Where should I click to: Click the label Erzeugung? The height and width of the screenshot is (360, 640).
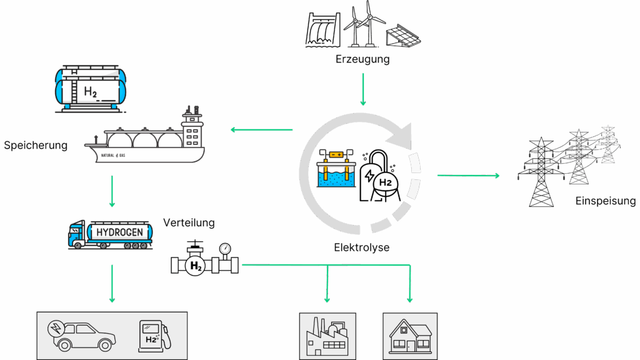click(362, 60)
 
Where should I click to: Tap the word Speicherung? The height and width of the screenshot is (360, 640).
click(35, 146)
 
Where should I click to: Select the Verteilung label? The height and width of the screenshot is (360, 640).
click(189, 222)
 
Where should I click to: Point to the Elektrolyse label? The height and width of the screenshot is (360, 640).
click(361, 247)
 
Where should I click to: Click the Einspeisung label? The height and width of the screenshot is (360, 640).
click(606, 201)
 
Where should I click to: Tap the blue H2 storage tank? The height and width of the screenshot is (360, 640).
click(91, 87)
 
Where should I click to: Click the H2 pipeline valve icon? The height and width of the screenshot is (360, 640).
click(204, 259)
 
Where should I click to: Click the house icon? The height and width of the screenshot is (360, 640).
click(410, 337)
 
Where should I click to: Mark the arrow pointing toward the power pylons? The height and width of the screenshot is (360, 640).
click(468, 176)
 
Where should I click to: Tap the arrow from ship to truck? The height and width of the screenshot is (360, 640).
click(112, 191)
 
